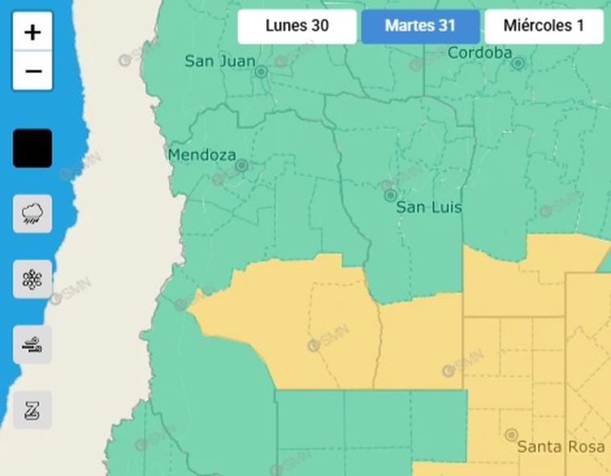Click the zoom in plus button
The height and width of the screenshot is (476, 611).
pyautogui.click(x=33, y=32)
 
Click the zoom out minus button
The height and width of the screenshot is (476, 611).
pyautogui.click(x=33, y=72)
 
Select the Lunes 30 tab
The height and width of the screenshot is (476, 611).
pyautogui.click(x=297, y=26)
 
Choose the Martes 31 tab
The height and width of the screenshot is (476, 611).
pyautogui.click(x=420, y=26)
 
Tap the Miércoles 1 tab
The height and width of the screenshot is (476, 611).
pyautogui.click(x=543, y=26)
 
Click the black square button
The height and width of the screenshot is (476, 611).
pyautogui.click(x=33, y=149)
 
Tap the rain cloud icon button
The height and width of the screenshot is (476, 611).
pyautogui.click(x=33, y=214)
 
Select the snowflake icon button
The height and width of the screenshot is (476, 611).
pyautogui.click(x=33, y=280)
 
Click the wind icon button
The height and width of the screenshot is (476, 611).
pyautogui.click(x=33, y=345)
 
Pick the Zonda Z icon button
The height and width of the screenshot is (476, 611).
pyautogui.click(x=33, y=411)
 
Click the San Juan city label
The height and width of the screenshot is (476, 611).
pyautogui.click(x=219, y=61)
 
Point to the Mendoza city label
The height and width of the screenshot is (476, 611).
pyautogui.click(x=202, y=154)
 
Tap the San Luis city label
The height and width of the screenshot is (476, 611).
pyautogui.click(x=429, y=207)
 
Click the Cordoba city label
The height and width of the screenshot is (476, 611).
pyautogui.click(x=479, y=53)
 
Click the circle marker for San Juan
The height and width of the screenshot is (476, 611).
pyautogui.click(x=261, y=72)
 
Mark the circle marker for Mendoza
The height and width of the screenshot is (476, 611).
pyautogui.click(x=241, y=166)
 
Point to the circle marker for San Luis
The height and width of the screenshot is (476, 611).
pyautogui.click(x=390, y=195)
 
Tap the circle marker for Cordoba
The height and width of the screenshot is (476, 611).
pyautogui.click(x=519, y=63)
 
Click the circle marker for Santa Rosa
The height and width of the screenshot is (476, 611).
pyautogui.click(x=511, y=435)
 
